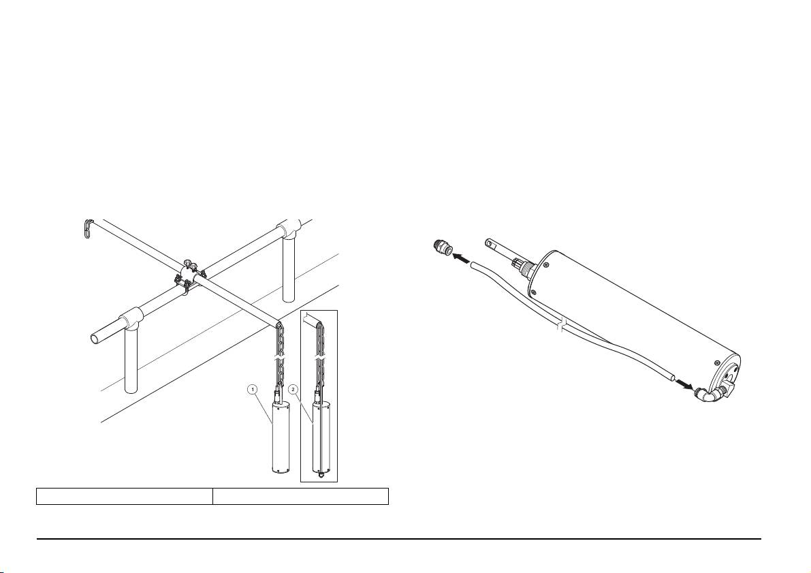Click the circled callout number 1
253,390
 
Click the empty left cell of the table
124,496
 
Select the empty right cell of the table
300,496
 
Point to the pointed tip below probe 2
319,475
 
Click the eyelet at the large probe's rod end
490,241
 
